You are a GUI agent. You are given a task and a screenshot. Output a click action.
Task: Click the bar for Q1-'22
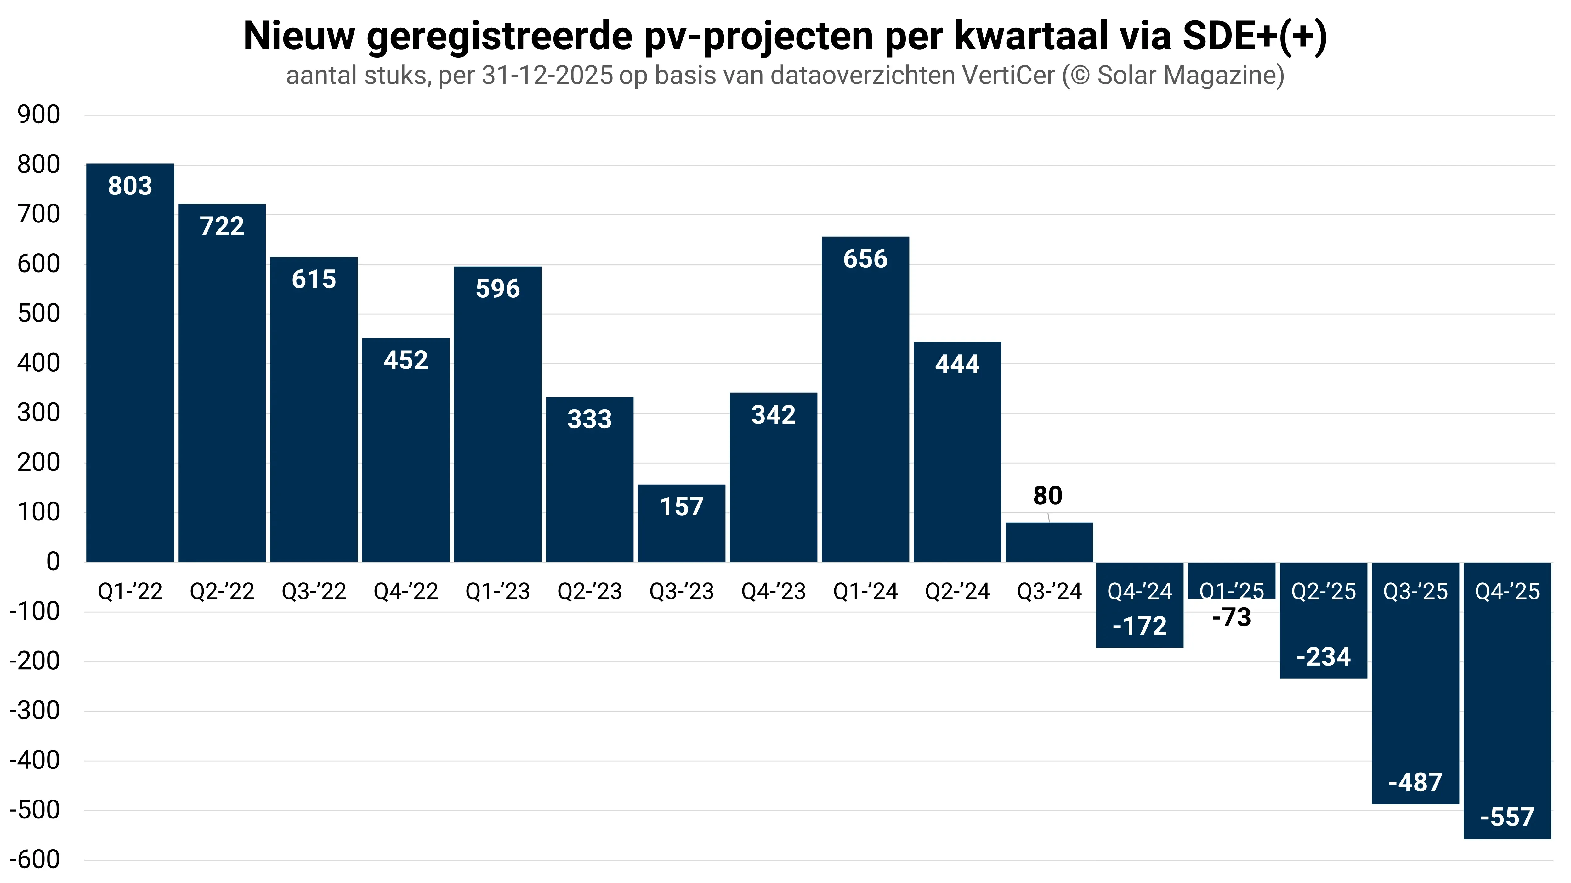tap(130, 366)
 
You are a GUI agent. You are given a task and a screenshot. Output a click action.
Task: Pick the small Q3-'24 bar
tap(1049, 542)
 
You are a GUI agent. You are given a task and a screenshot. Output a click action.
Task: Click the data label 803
tap(130, 186)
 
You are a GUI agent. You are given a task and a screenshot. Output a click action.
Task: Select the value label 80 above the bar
tap(1048, 496)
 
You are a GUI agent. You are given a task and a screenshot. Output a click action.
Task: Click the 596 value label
tap(498, 289)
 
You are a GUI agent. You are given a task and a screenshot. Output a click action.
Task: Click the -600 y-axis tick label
tap(35, 860)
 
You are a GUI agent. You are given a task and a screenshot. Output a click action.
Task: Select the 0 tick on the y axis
tap(53, 562)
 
